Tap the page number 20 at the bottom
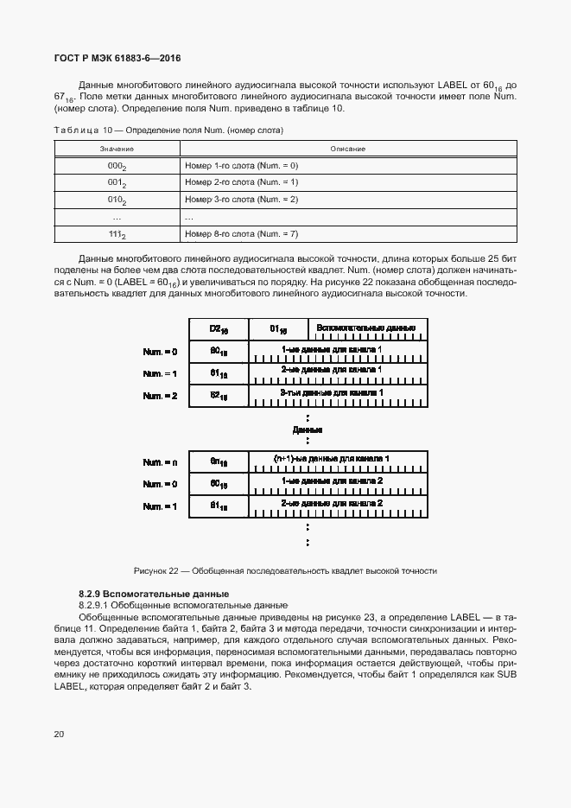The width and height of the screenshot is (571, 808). pos(59,735)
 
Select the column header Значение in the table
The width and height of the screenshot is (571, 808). pos(116,149)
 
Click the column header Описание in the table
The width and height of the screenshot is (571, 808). pos(347,149)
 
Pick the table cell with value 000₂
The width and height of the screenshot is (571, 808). pos(117,165)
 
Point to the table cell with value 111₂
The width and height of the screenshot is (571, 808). pos(117,234)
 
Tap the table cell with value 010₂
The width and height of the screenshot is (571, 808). pos(117,200)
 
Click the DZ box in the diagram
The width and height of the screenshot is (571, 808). pos(219,329)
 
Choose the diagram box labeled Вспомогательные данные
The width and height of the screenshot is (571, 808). pos(366,329)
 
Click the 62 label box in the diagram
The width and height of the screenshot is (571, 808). pos(219,395)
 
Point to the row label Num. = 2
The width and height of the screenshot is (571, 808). pos(160,395)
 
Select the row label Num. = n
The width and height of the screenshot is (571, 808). pos(160,461)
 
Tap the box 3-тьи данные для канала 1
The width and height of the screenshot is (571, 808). pos(338,395)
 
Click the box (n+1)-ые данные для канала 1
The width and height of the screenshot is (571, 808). pos(338,461)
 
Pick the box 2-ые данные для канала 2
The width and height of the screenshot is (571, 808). pos(338,506)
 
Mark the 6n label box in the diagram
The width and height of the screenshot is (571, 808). pos(219,461)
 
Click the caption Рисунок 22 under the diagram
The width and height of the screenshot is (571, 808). pos(285,570)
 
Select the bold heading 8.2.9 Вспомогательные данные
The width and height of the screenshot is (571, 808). pos(153,594)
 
